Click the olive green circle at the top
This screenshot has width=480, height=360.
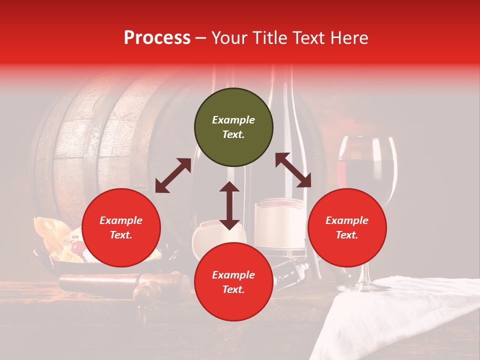pyautogui.click(x=233, y=127)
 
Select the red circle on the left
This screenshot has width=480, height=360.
pyautogui.click(x=121, y=227)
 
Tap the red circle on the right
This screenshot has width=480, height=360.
pyautogui.click(x=347, y=227)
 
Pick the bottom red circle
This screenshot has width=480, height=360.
pyautogui.click(x=233, y=282)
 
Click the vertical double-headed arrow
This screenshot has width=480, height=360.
pyautogui.click(x=229, y=205)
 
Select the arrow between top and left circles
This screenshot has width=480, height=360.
pyautogui.click(x=173, y=175)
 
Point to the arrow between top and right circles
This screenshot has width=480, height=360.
pyautogui.click(x=293, y=170)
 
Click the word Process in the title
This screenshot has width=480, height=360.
pyautogui.click(x=157, y=37)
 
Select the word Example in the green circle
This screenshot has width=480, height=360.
pyautogui.click(x=233, y=120)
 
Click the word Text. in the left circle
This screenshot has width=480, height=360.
pyautogui.click(x=121, y=235)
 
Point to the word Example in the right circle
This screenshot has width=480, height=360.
pyautogui.click(x=347, y=220)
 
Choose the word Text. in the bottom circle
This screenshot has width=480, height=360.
pyautogui.click(x=233, y=289)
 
